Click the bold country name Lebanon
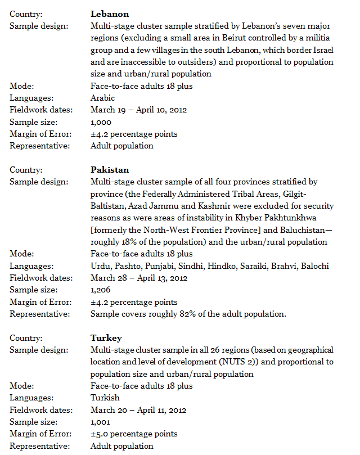pyautogui.click(x=110, y=13)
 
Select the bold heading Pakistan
pyautogui.click(x=110, y=170)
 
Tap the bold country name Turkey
pyautogui.click(x=106, y=338)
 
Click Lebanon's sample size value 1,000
pyautogui.click(x=101, y=122)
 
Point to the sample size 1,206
pyautogui.click(x=101, y=290)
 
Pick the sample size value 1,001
pyautogui.click(x=101, y=422)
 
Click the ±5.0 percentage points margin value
pyautogui.click(x=134, y=434)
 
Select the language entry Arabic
pyautogui.click(x=102, y=98)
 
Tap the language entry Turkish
pyautogui.click(x=105, y=398)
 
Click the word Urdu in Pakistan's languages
pyautogui.click(x=100, y=266)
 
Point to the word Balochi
pyautogui.click(x=314, y=266)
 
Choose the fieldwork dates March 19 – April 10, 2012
pyautogui.click(x=138, y=110)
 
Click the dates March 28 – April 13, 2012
pyautogui.click(x=138, y=278)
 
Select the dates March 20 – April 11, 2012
pyautogui.click(x=138, y=410)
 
